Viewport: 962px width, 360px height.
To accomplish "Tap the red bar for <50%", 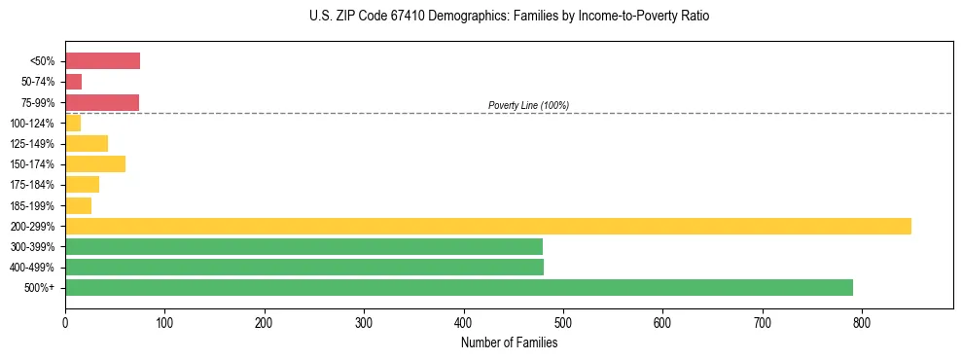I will (x=102, y=61).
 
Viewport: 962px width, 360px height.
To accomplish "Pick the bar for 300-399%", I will (x=303, y=246).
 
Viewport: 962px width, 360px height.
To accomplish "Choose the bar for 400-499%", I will (x=304, y=267).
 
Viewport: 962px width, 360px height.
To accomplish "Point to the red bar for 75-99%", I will (x=102, y=102).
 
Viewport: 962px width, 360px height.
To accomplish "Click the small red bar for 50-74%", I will (x=73, y=82).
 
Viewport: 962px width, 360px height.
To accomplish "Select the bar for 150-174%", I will (x=95, y=163).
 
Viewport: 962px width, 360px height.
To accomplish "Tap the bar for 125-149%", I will (x=87, y=143).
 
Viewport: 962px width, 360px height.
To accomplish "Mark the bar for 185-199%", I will (x=78, y=205).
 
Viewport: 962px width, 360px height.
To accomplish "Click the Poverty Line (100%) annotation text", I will (x=528, y=105).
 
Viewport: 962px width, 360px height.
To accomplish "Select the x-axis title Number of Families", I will (x=510, y=342).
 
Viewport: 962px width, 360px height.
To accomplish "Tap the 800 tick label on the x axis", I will (x=861, y=320).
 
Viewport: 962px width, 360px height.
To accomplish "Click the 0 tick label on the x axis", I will (x=65, y=320).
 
